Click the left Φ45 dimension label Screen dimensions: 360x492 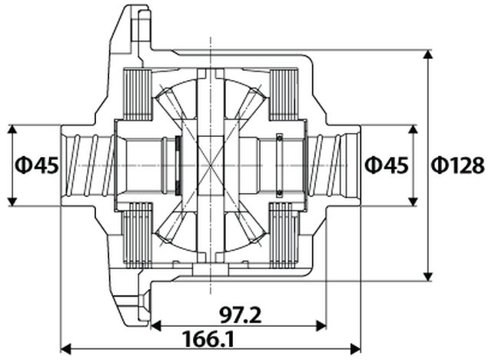coord(36,165)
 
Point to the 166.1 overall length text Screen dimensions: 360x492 coord(209,339)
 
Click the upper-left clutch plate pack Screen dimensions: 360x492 coord(138,95)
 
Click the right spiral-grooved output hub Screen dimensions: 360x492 coord(335,165)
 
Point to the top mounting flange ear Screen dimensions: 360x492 coord(136,27)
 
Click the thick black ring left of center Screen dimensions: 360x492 coord(178,165)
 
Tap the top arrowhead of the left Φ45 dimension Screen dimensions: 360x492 coord(12,129)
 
